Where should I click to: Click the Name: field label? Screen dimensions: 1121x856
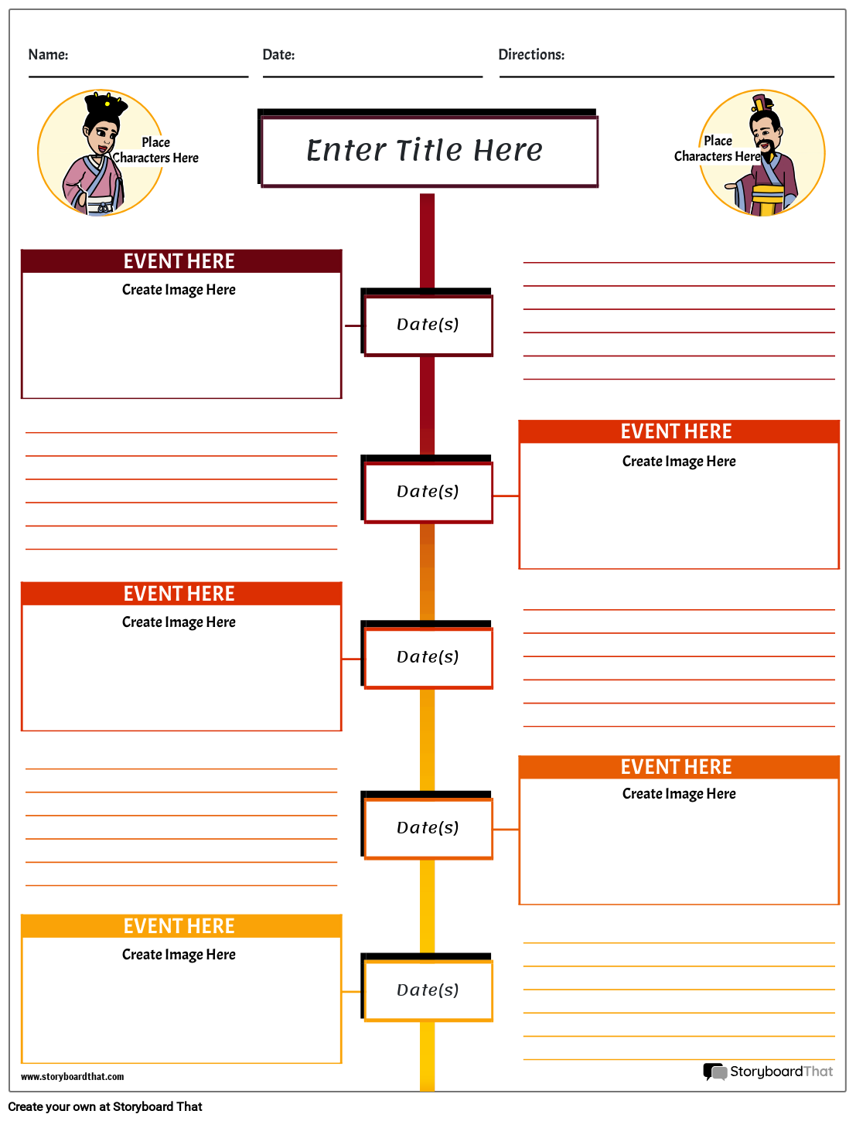(48, 55)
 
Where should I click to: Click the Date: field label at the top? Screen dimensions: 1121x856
(278, 55)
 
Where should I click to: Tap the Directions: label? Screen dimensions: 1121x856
(531, 55)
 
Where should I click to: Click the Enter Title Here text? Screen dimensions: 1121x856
(425, 150)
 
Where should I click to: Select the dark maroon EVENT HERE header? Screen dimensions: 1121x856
(180, 261)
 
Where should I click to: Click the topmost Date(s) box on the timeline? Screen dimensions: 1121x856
(428, 325)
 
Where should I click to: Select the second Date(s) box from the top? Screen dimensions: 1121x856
(428, 492)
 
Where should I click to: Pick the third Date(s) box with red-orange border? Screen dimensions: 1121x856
(428, 657)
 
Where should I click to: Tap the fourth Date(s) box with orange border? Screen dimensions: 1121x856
(428, 828)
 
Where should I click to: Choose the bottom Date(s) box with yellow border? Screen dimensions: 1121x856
(428, 990)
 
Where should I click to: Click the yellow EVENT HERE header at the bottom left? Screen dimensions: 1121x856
(180, 926)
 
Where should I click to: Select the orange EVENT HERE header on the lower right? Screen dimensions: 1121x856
(677, 767)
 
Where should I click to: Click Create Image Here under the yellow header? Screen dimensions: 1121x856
(179, 955)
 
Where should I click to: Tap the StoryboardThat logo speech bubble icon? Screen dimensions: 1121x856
(714, 1072)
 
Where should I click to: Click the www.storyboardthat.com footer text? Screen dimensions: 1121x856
(72, 1077)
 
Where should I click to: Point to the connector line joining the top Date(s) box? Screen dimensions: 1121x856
(353, 326)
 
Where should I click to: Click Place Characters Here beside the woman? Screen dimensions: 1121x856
(155, 150)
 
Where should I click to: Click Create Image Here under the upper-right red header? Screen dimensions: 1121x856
(679, 462)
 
